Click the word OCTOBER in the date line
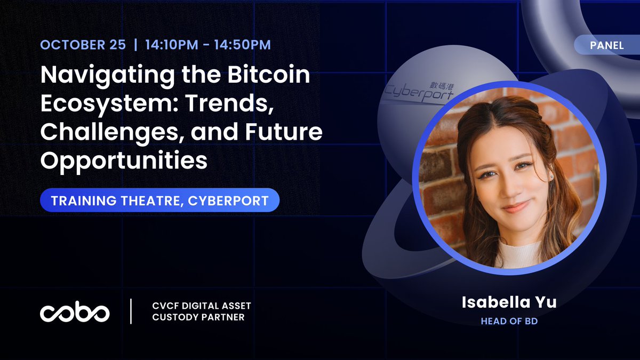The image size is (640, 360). point(73,45)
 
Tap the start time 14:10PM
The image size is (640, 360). point(171,45)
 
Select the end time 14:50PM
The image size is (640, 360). point(242,45)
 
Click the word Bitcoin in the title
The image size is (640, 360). point(269,74)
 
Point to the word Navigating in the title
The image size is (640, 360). point(107,75)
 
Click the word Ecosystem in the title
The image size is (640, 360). point(109,103)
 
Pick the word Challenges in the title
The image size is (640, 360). point(113,132)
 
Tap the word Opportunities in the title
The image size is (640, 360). point(124,161)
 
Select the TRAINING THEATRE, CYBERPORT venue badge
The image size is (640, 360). point(159,200)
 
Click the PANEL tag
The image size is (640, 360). point(607,45)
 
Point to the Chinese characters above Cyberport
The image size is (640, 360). point(441,86)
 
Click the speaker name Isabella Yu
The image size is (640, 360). point(509,302)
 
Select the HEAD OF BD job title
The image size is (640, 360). point(509,321)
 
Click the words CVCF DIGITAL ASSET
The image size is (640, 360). point(202,306)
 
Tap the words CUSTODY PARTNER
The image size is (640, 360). point(198,317)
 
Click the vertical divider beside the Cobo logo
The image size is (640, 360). point(131,311)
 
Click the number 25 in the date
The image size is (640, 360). point(117,45)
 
